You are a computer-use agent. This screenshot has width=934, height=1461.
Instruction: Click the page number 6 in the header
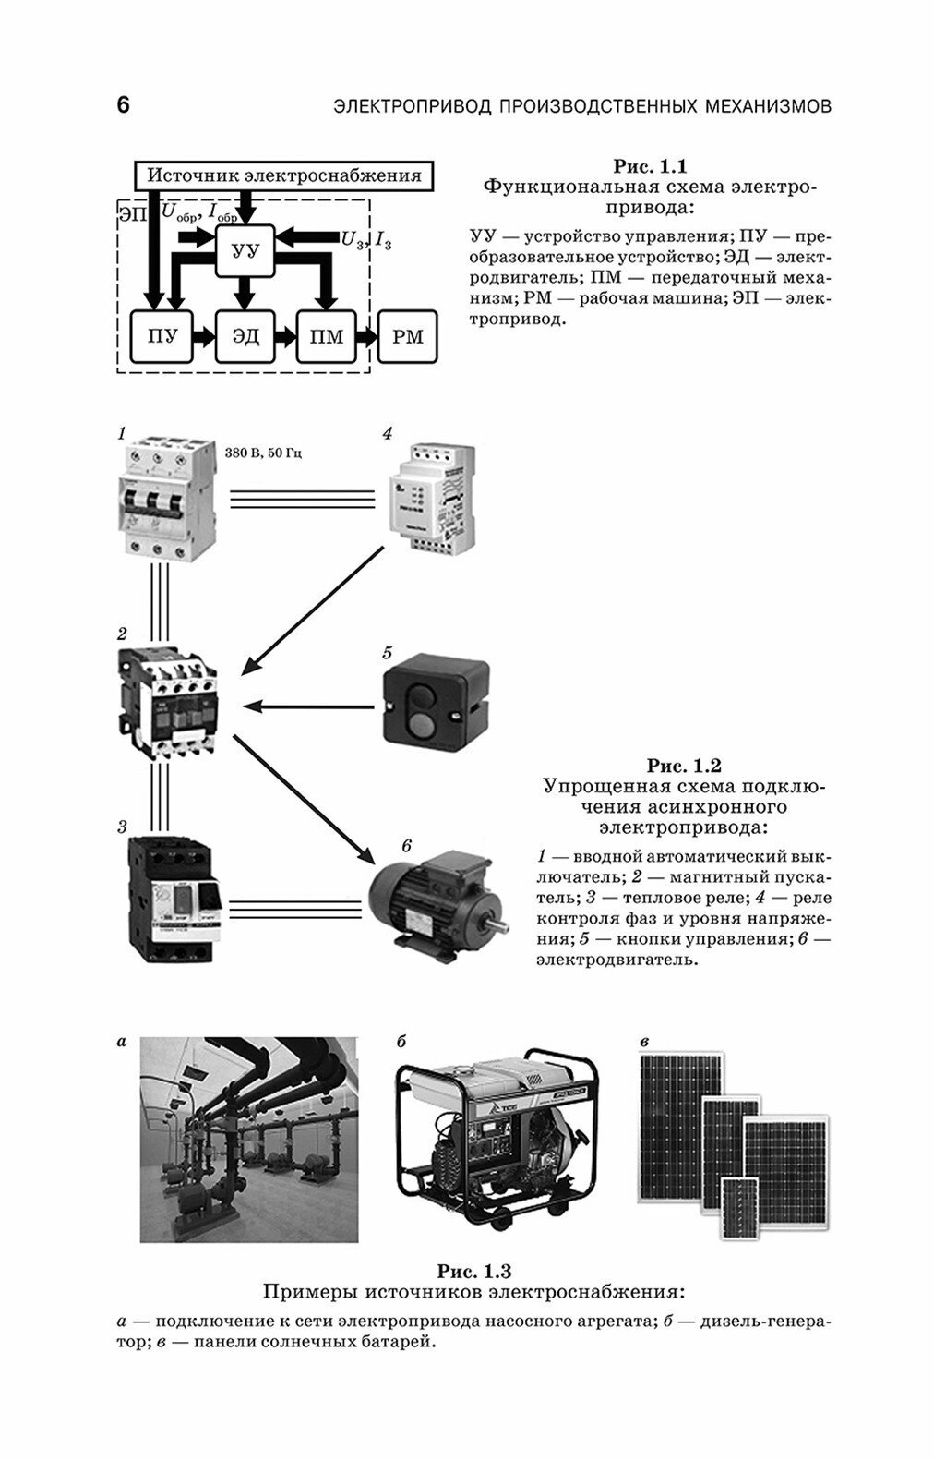[123, 105]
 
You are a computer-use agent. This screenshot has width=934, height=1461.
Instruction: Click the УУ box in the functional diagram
[245, 250]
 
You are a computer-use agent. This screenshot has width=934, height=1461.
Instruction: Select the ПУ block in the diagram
[158, 337]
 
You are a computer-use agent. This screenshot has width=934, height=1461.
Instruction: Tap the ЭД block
[245, 337]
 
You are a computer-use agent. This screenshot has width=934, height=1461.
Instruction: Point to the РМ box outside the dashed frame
[408, 337]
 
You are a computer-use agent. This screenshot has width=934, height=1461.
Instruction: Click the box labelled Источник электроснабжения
[284, 175]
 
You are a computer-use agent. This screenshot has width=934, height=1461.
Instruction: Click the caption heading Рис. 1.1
[650, 167]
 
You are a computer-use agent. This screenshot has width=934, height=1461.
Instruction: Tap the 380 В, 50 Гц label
[264, 454]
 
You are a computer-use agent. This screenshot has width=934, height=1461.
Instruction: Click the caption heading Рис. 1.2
[683, 766]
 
